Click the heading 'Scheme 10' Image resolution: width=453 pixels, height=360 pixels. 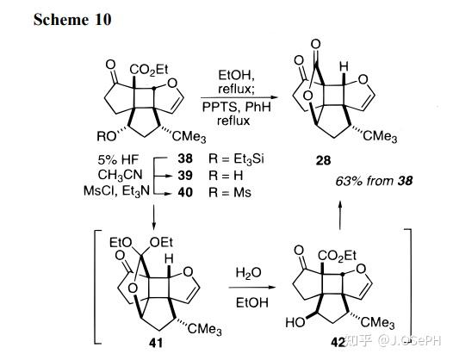(72, 20)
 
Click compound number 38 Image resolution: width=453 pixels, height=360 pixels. (185, 158)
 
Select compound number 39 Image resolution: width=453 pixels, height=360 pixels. (185, 176)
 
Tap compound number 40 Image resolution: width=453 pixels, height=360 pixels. (185, 192)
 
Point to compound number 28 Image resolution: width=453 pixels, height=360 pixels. (323, 160)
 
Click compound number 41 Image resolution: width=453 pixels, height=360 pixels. (155, 343)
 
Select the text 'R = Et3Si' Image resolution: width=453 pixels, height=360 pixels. (236, 159)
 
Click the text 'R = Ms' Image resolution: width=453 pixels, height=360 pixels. (230, 192)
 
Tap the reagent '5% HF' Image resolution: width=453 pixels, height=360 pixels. (118, 159)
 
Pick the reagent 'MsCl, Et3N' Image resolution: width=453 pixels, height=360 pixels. (117, 191)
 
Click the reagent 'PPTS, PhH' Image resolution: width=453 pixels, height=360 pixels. (237, 107)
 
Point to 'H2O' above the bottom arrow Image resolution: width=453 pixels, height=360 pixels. (248, 273)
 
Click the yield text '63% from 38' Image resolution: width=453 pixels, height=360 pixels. (374, 181)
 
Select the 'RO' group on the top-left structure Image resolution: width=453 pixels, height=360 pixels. (106, 137)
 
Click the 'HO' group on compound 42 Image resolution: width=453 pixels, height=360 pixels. (295, 322)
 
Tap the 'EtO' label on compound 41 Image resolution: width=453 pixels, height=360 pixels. (121, 243)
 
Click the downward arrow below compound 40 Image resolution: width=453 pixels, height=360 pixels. (154, 217)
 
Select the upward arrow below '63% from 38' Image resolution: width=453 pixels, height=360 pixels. (340, 215)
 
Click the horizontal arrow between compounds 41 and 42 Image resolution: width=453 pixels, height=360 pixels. (252, 287)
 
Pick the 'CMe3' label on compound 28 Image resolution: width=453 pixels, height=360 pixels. (380, 136)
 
